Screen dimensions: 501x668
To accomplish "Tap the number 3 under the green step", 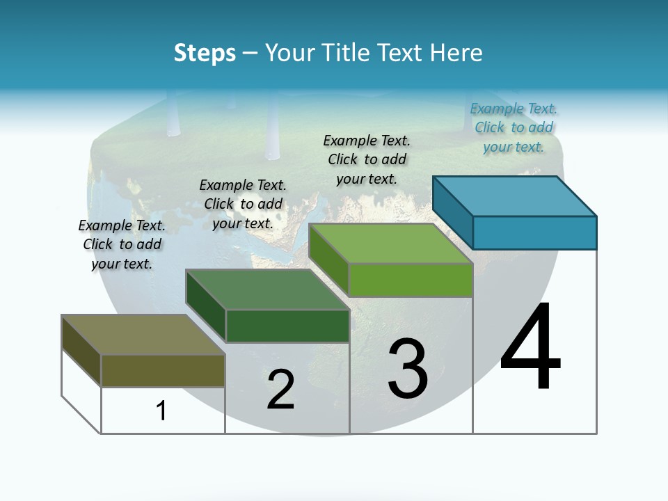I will pos(408,369).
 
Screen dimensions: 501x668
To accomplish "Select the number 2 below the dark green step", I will pos(280,390).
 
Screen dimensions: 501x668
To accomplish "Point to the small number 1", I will pos(161,411).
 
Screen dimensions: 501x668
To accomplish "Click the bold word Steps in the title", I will pos(205,53).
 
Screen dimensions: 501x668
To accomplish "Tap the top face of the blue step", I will pos(515,196).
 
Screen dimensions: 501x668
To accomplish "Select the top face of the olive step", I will pos(143,335).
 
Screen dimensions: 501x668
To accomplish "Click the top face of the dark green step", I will pos(267,289).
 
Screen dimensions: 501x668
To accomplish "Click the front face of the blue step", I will pos(534,232).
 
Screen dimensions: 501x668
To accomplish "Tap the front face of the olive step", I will pos(163,370).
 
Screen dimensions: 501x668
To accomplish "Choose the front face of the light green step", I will pos(411,280).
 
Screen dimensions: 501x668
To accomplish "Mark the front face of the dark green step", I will pos(287,326).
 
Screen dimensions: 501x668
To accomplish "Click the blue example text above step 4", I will pos(514,127).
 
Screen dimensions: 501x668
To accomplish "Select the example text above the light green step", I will pos(367,159).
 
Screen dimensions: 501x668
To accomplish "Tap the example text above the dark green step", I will pos(243,204).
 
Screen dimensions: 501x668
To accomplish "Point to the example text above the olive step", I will pos(122,244).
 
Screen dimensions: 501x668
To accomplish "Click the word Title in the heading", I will pos(348,53).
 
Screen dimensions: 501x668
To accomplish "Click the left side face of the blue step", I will pos(452,212).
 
